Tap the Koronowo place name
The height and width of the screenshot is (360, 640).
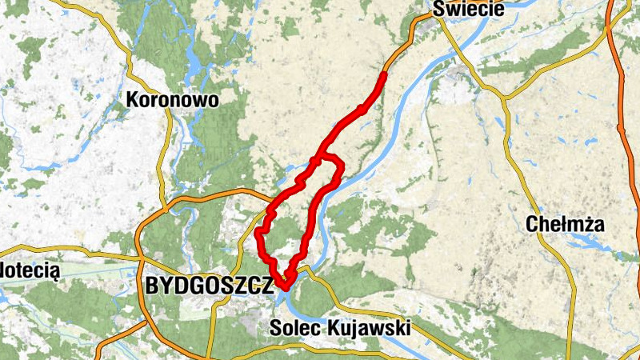point(172,98)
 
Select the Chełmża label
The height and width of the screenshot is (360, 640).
point(565,225)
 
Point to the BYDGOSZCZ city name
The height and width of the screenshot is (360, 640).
point(209,286)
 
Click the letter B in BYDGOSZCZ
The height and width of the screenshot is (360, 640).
point(152,286)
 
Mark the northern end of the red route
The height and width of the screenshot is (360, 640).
point(384,74)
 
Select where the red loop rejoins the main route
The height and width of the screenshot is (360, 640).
point(318,159)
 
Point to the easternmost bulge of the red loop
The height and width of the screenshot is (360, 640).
point(342,167)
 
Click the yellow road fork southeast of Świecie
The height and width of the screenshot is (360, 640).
point(505,98)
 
